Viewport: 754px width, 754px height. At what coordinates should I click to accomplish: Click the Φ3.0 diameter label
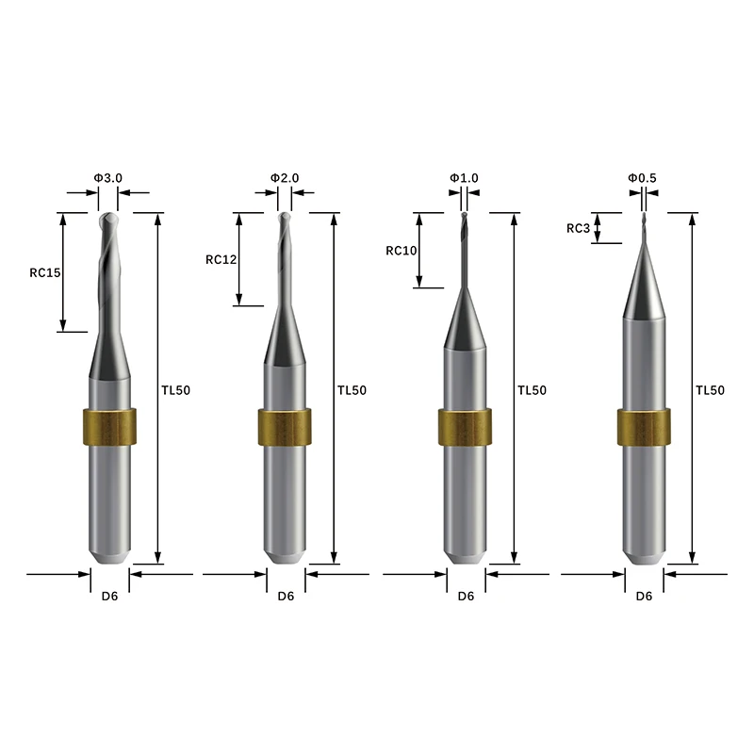(x=108, y=178)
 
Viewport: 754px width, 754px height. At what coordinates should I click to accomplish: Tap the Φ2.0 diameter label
(x=285, y=178)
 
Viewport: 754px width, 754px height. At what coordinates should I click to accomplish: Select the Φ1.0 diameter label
(x=464, y=178)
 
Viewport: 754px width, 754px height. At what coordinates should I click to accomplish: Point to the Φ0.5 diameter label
(x=642, y=178)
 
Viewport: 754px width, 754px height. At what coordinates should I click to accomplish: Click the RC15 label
(x=45, y=272)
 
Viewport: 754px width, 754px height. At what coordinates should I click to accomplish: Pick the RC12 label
(x=221, y=260)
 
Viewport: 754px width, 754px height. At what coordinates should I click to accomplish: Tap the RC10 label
(x=402, y=251)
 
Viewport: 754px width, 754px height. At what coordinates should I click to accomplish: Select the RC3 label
(x=578, y=228)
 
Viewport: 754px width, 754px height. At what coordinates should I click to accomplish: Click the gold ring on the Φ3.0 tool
(x=109, y=427)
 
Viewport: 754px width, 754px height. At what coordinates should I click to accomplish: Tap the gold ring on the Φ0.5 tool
(x=644, y=427)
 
